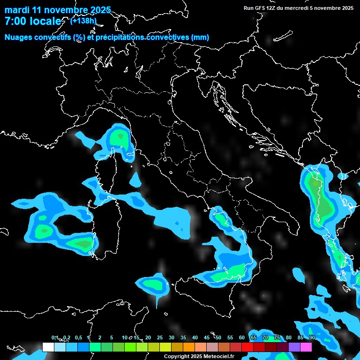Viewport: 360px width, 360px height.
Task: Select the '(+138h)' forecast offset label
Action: click(84, 21)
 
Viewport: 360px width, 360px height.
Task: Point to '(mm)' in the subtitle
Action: click(200, 37)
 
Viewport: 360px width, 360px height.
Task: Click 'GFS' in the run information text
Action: click(261, 8)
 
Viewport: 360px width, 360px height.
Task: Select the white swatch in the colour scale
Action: click(48, 347)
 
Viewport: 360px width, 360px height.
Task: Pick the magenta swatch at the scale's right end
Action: click(306, 347)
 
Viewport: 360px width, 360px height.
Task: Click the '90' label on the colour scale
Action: click(312, 338)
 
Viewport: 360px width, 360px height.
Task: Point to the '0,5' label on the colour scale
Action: click(78, 338)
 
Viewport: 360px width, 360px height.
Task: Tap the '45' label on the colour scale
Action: click(207, 338)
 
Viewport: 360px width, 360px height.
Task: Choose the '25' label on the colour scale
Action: click(160, 338)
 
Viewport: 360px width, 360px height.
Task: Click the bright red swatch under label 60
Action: click(247, 347)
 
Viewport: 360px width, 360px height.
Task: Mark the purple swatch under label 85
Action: click(294, 347)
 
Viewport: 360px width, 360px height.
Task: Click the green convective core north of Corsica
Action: click(120, 136)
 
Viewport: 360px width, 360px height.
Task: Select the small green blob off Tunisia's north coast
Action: click(153, 284)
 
